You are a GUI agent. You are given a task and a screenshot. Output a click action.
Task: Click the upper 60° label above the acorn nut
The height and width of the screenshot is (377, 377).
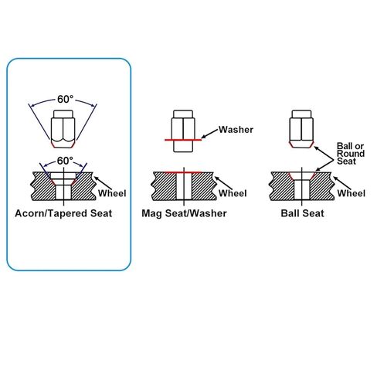pos(65,99)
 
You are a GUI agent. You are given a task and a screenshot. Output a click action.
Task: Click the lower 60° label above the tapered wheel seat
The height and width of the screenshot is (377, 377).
pos(65,161)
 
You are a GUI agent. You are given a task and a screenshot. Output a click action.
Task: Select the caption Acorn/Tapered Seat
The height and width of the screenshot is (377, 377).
pos(63,213)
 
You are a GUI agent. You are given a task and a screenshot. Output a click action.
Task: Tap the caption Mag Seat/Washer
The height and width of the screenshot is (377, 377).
pos(184,213)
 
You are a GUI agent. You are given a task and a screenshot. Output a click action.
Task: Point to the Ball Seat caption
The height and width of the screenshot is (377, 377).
pos(302,213)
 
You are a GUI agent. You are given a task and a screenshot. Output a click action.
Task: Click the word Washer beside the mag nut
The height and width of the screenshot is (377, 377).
pos(236,130)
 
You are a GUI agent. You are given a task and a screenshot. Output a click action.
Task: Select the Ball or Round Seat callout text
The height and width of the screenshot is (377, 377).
pos(351,154)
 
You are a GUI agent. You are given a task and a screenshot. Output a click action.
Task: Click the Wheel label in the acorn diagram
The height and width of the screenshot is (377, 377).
pos(112,193)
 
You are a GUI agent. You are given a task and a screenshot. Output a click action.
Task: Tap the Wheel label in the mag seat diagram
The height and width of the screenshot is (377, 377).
pos(233,193)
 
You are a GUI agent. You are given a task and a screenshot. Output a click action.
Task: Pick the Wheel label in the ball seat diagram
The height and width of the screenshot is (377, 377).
pos(352,193)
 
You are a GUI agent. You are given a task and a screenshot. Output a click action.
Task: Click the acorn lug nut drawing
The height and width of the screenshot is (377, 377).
pos(63,129)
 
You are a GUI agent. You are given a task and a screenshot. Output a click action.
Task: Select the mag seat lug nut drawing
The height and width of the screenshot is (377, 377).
pos(183,131)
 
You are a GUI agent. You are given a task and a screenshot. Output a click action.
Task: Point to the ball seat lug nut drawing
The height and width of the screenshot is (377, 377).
pos(301,129)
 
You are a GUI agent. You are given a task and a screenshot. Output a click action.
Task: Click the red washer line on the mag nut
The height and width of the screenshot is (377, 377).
pos(183,140)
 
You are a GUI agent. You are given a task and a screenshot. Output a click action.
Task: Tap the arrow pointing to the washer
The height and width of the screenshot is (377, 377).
pos(209,134)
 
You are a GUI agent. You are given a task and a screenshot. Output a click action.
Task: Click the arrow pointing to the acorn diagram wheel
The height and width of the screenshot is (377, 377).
pos(103,183)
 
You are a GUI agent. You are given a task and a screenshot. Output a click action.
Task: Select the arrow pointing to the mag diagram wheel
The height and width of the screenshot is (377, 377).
pos(223,183)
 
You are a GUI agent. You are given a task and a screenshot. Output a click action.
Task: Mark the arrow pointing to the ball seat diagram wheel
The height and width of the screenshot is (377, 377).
pos(342,183)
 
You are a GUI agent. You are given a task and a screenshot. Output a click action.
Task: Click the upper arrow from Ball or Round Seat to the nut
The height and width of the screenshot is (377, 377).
pos(324,153)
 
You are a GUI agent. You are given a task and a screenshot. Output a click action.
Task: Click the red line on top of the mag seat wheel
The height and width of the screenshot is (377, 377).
pos(182,172)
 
